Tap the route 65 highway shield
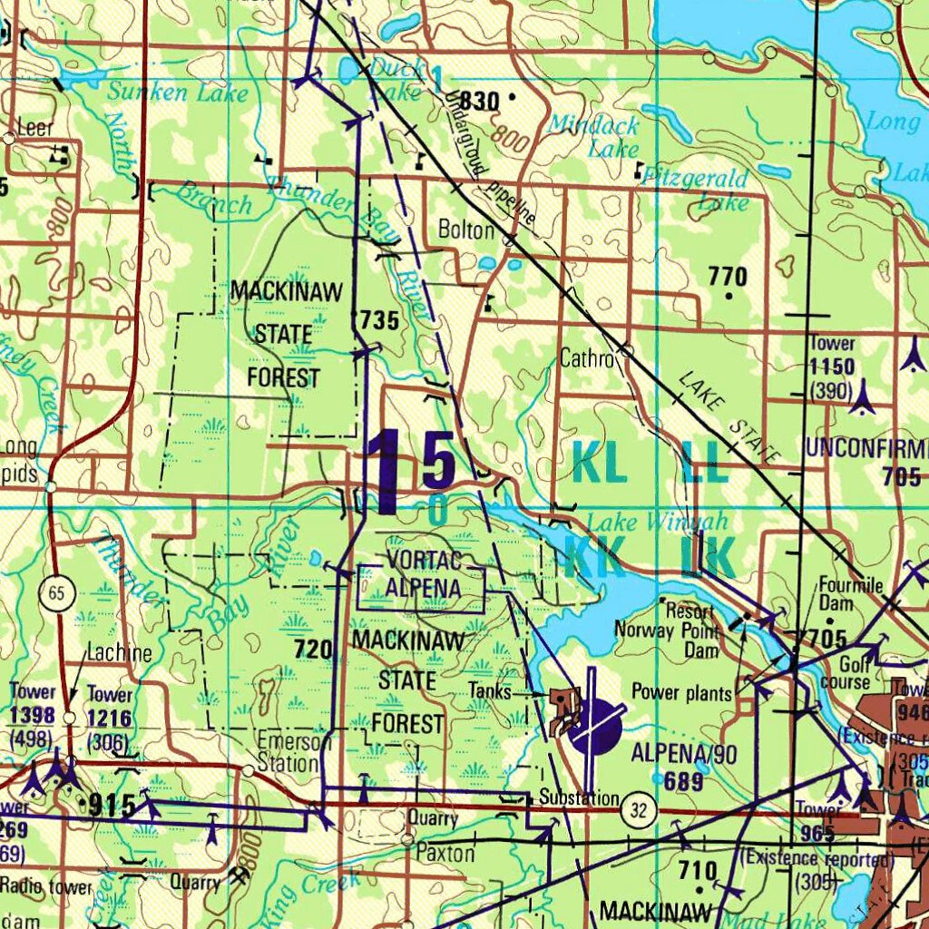click(56, 594)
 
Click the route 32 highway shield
click(639, 810)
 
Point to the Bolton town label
click(466, 230)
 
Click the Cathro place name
click(587, 357)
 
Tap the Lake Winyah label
click(657, 522)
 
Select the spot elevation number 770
click(728, 277)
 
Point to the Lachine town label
click(120, 653)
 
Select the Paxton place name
click(445, 854)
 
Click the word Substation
click(579, 798)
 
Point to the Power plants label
click(681, 694)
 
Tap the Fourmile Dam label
click(849, 594)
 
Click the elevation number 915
click(112, 805)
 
